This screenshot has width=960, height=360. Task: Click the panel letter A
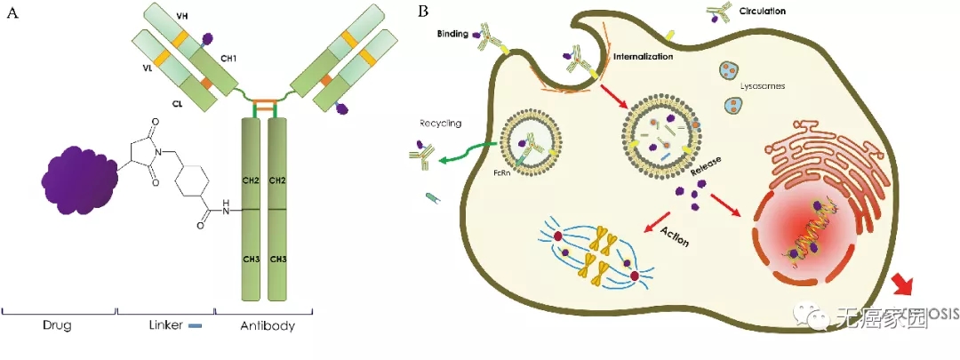point(12,12)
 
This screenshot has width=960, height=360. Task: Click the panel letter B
point(424,12)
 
